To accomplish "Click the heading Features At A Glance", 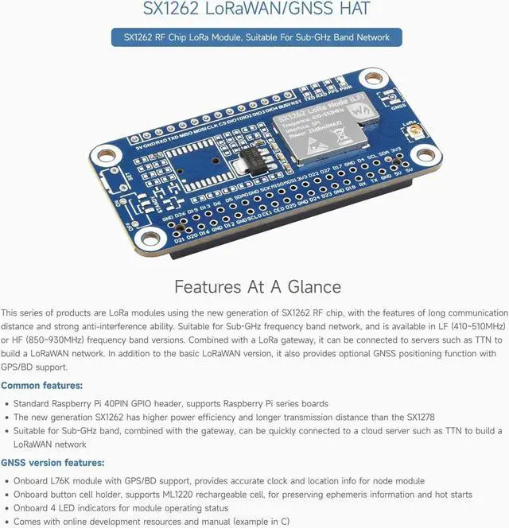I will coord(257,286).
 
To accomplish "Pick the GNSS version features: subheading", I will coord(52,463).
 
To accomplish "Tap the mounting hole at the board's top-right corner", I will coord(374,79).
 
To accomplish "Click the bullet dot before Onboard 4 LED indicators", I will coord(6,508).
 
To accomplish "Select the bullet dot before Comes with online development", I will coord(6,522).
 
